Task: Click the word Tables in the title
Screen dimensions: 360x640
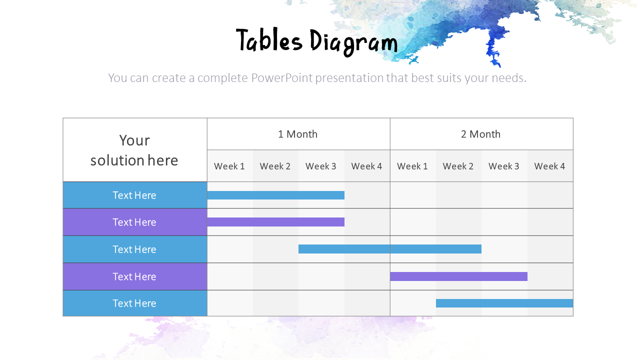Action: (269, 41)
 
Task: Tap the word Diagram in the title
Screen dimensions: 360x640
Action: (353, 42)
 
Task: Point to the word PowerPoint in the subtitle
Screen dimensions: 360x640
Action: (281, 78)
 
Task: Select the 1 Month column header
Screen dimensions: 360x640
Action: (298, 134)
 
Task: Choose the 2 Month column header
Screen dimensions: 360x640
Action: (481, 134)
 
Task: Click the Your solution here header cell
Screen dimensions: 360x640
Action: (134, 150)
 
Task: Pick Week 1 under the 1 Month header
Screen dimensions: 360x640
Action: (229, 166)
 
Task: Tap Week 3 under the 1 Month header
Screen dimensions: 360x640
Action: (321, 166)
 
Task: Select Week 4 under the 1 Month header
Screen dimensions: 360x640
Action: (366, 166)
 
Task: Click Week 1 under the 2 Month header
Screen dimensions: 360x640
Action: (412, 166)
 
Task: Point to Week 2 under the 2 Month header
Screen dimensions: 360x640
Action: (458, 166)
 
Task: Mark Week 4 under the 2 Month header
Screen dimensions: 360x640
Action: (549, 166)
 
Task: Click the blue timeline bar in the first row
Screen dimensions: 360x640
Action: (276, 195)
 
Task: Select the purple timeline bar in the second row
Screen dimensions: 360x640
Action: (276, 222)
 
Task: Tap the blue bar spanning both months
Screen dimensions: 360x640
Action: (390, 249)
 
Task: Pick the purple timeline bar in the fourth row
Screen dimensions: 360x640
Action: (458, 276)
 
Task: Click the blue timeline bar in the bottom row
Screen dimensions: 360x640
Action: (504, 303)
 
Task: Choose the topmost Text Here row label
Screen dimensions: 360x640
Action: (134, 195)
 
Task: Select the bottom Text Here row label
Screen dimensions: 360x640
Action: (134, 303)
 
